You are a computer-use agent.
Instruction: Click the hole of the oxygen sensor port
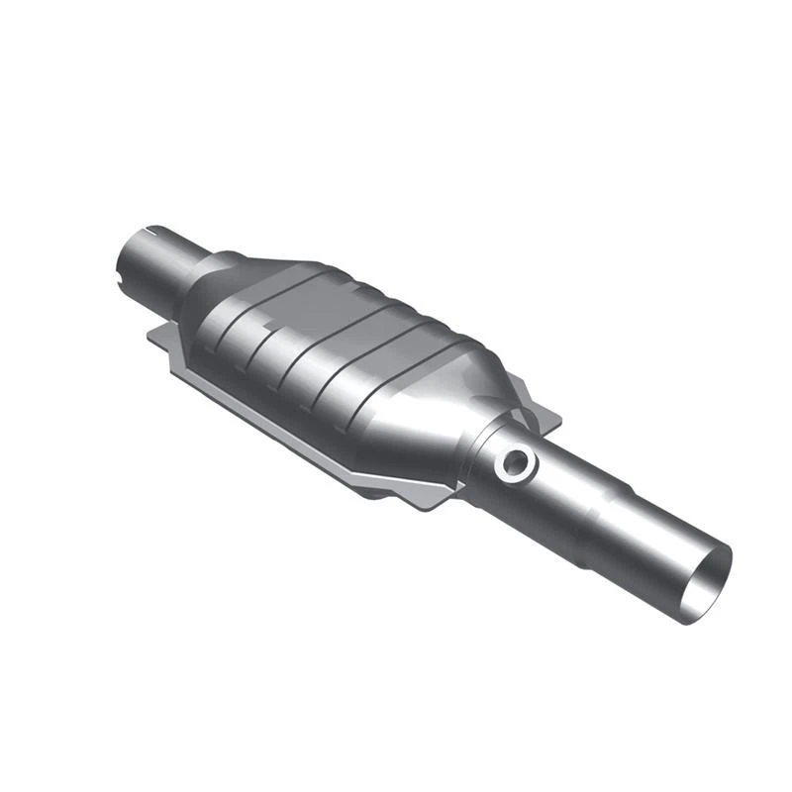click(516, 460)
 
